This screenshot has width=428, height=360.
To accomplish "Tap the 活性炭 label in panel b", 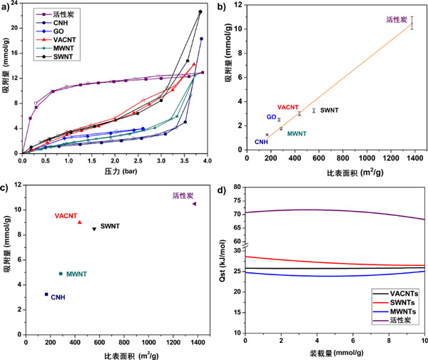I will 396,20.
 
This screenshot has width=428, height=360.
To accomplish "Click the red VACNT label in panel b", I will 288,107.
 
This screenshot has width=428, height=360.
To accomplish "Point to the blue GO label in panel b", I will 272,117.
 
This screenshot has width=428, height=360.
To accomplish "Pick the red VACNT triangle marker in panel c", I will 80,222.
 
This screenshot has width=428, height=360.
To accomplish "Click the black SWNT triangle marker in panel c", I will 94,229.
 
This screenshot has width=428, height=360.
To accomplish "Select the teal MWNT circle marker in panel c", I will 61,274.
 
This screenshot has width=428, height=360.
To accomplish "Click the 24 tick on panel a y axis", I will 16,4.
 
